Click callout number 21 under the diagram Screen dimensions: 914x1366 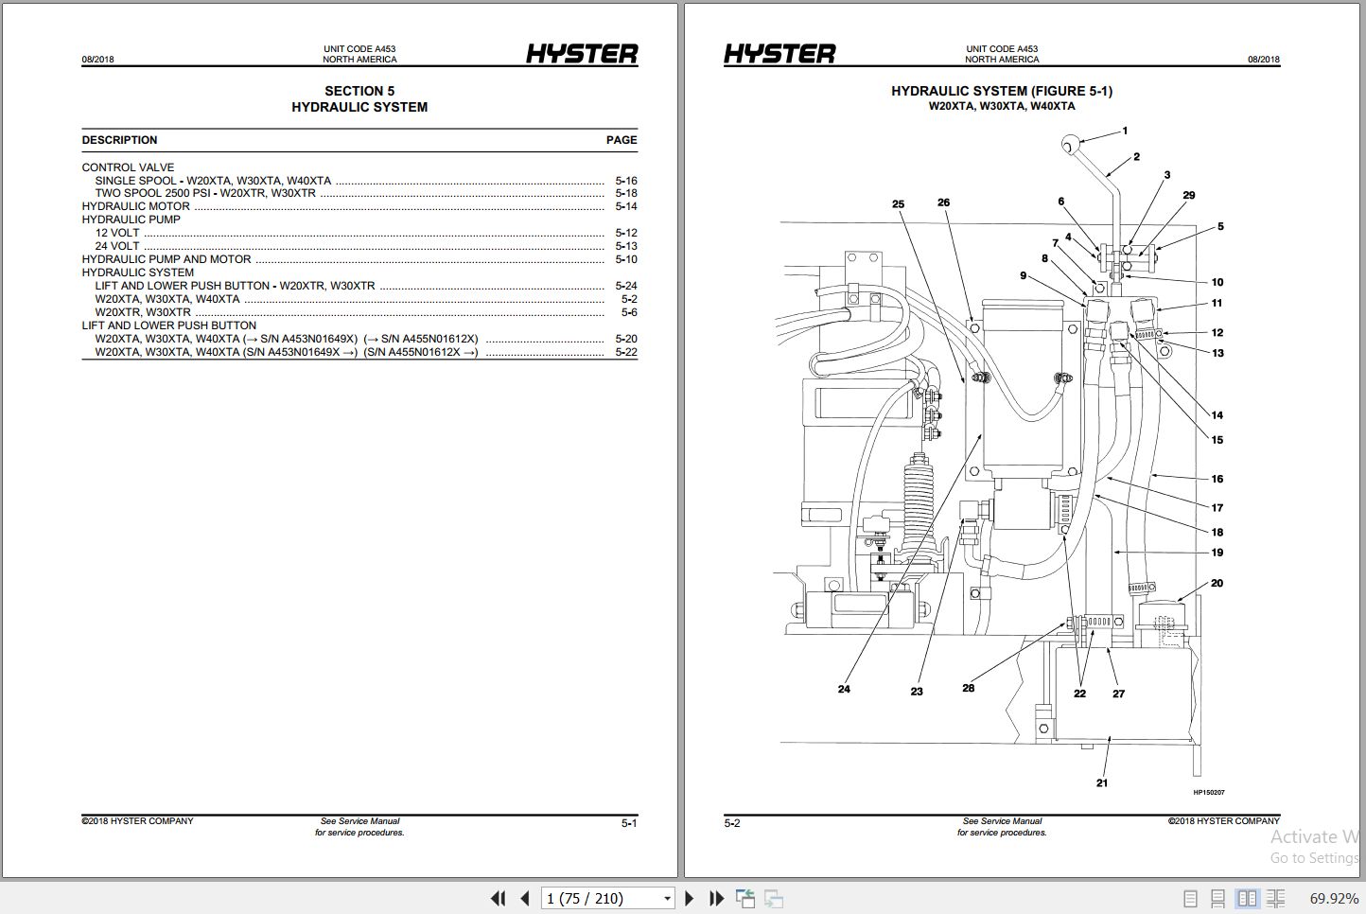1101,782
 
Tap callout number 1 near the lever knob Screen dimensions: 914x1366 1125,132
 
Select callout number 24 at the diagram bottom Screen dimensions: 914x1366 844,689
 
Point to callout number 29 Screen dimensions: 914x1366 1189,195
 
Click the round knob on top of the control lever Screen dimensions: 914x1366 1071,145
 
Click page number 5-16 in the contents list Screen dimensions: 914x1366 626,181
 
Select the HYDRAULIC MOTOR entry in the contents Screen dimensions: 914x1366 136,206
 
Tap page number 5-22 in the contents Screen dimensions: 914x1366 626,352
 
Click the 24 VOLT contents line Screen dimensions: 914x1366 117,246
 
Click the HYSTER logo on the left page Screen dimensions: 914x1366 582,55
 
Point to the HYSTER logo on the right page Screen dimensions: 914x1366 779,55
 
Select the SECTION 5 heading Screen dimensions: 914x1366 359,91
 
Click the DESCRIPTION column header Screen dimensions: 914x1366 119,140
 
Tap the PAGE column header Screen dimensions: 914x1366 622,140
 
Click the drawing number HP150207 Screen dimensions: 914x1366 1208,793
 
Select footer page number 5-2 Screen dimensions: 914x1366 732,823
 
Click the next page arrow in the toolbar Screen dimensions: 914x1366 689,898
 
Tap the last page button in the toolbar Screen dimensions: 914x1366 716,898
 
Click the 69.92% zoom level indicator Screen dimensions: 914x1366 1334,898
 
